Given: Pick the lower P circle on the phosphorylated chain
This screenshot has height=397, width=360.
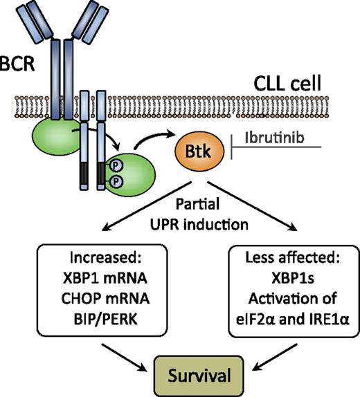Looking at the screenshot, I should point(118,185).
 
